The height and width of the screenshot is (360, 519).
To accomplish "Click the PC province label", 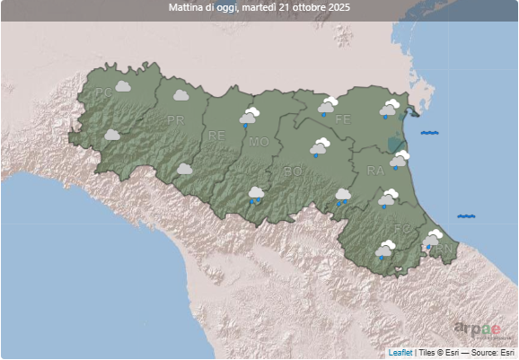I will point(103,92).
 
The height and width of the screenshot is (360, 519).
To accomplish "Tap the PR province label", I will point(175,119).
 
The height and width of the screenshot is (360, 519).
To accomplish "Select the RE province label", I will point(216,136).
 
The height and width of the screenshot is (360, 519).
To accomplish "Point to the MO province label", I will point(259,142).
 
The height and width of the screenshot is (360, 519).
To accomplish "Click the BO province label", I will point(293,171).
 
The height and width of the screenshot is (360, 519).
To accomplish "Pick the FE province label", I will point(342,119).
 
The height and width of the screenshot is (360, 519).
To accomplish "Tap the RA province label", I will point(375,170).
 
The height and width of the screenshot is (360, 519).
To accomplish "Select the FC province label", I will point(401,228).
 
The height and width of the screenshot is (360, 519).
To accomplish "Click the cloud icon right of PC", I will point(124,86).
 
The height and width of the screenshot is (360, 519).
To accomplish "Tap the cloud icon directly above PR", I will point(179,94).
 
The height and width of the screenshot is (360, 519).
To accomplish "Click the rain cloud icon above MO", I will point(249,117).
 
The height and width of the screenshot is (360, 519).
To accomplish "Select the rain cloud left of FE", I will point(327,108).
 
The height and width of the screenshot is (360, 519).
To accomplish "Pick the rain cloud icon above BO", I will point(320,148).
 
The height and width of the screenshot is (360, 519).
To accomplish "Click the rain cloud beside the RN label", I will point(433,239).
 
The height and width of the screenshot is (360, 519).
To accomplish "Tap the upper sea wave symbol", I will point(429,133).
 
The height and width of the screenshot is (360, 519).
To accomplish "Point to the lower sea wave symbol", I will point(466,216).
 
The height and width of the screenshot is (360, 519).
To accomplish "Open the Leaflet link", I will point(400,354).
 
